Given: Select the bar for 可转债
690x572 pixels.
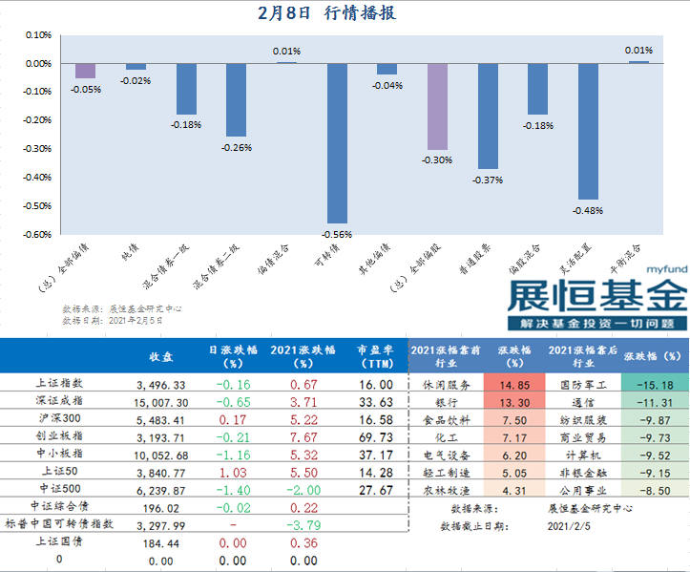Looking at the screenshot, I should (x=337, y=143).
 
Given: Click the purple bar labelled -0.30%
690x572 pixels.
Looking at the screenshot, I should (x=438, y=106).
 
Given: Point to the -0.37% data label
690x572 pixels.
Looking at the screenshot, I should (x=488, y=180).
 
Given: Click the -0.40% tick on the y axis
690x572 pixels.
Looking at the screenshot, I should (x=37, y=177).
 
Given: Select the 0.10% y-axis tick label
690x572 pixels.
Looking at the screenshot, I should (x=37, y=35).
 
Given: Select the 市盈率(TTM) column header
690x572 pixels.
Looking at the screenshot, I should (x=374, y=355).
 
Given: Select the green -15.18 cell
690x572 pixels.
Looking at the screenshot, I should (x=654, y=385).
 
